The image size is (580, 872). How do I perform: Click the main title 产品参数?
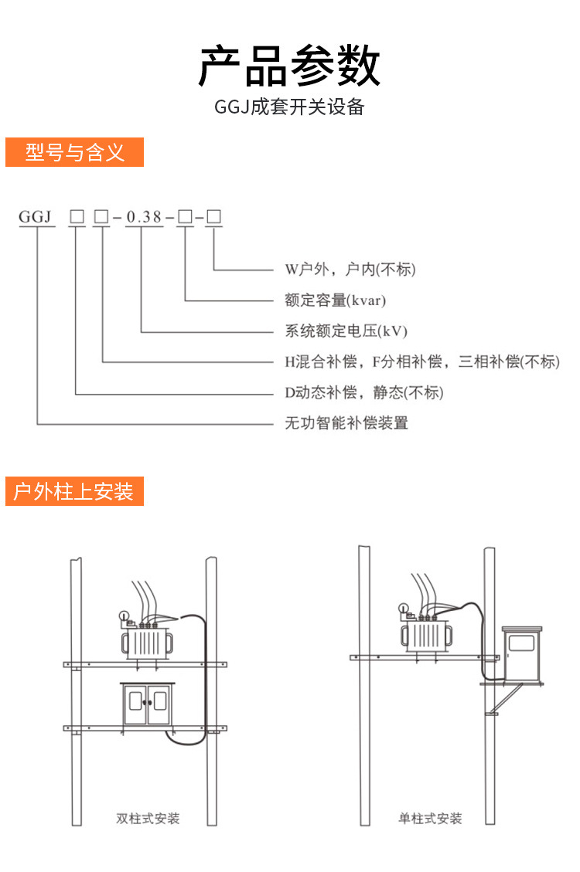pos(289,66)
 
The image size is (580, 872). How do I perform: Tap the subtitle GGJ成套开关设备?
pos(289,107)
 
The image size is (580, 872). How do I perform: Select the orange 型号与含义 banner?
pos(75,152)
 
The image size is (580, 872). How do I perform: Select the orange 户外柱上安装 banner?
pos(75,491)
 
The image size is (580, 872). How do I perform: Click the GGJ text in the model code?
pos(36,217)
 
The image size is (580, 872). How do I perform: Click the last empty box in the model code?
pos(214,217)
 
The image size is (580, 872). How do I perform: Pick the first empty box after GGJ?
pos(77,217)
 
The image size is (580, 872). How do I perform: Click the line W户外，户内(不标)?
pos(350,270)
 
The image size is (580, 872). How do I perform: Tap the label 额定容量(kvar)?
pos(335,300)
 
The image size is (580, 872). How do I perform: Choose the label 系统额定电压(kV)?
pos(346,331)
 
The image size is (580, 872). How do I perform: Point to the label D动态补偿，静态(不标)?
pos(364,392)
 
